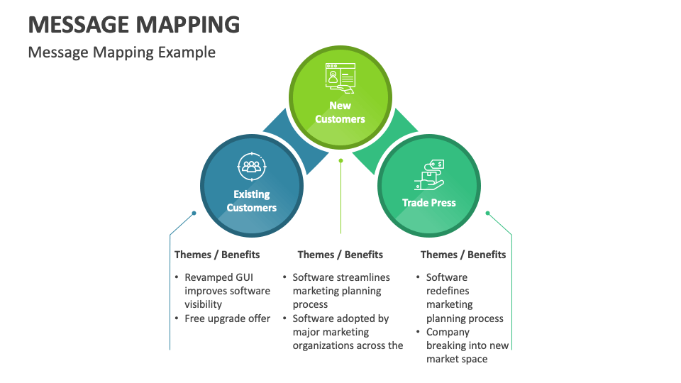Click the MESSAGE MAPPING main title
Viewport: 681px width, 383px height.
click(134, 24)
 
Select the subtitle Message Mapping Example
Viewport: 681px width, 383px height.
click(121, 52)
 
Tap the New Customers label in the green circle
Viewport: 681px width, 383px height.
click(340, 112)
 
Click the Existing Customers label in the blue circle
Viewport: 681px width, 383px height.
click(251, 201)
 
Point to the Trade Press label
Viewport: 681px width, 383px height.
click(429, 203)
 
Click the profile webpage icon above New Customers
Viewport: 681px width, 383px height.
click(340, 78)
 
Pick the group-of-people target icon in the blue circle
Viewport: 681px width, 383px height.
click(251, 167)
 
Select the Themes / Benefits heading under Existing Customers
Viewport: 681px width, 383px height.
click(217, 255)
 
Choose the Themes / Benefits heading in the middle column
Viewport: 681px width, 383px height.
click(340, 255)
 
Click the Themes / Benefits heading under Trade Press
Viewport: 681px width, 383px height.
click(463, 255)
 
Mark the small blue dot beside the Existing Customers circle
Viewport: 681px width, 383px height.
click(194, 213)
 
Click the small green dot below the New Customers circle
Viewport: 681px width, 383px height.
click(341, 161)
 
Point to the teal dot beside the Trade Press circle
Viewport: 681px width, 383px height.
click(488, 213)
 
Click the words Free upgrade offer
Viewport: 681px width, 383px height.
click(227, 318)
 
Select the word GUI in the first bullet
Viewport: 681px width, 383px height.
click(243, 277)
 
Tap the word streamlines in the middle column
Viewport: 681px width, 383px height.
click(363, 277)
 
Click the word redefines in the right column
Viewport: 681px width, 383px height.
click(448, 291)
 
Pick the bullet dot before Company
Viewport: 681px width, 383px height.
click(418, 332)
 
